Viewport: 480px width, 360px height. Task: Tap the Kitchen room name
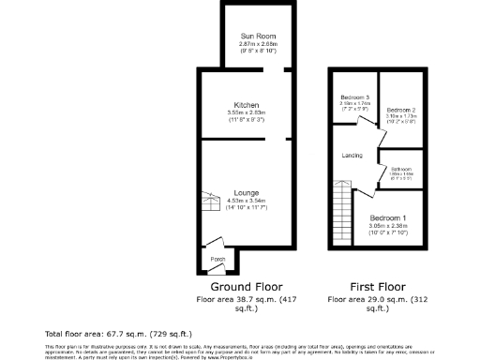pyautogui.click(x=247, y=104)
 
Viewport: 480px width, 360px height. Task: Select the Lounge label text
pyautogui.click(x=247, y=192)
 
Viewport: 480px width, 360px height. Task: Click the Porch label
pyautogui.click(x=217, y=259)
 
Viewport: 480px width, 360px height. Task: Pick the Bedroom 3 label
pyautogui.click(x=354, y=97)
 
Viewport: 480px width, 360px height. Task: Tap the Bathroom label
pyautogui.click(x=402, y=169)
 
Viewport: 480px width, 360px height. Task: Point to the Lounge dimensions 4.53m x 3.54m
pyautogui.click(x=247, y=201)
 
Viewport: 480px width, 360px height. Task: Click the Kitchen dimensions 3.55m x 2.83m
pyautogui.click(x=247, y=112)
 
